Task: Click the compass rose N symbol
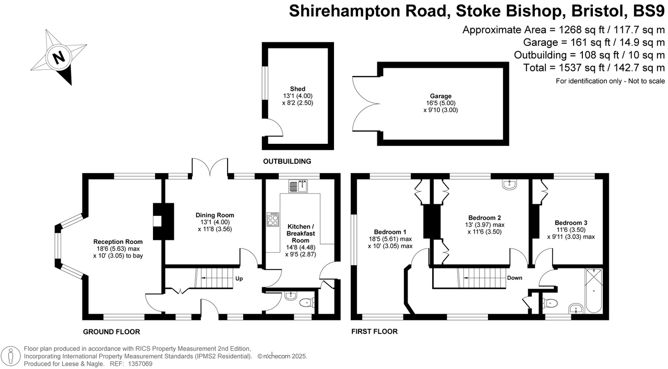(x=59, y=57)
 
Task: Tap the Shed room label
(x=297, y=89)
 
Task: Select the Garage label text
(x=441, y=96)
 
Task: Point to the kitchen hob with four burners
(x=273, y=219)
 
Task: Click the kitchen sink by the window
(x=299, y=186)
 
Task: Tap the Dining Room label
(x=214, y=215)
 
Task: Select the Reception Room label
(x=118, y=242)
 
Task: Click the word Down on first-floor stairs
(x=515, y=278)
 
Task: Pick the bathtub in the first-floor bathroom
(x=593, y=290)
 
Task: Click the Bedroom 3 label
(x=575, y=223)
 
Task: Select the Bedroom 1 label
(x=390, y=232)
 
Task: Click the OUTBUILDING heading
(x=287, y=162)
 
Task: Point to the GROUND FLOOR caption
(x=112, y=331)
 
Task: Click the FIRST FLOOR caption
(x=375, y=331)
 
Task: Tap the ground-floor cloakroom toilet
(x=306, y=302)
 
